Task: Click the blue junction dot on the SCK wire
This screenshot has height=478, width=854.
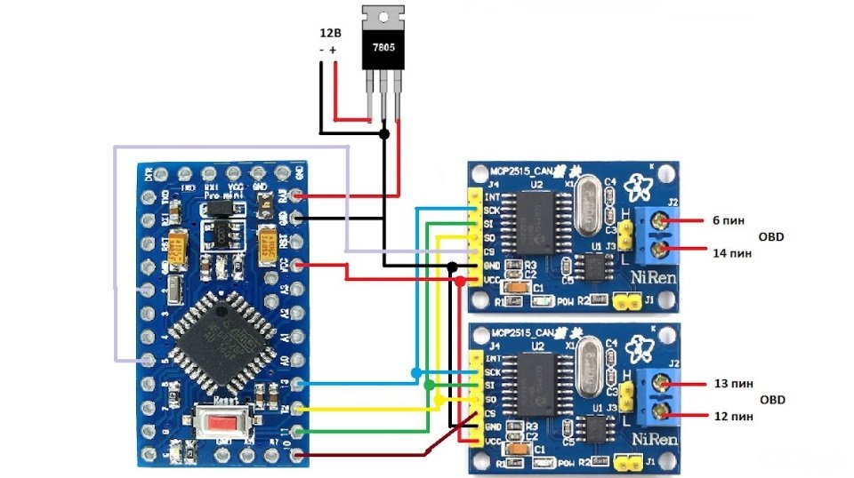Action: pos(417,371)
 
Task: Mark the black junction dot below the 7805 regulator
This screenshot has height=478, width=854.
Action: pos(384,134)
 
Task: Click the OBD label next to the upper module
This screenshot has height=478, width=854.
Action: pos(771,237)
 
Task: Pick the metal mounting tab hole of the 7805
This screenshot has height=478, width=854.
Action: pos(384,17)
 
